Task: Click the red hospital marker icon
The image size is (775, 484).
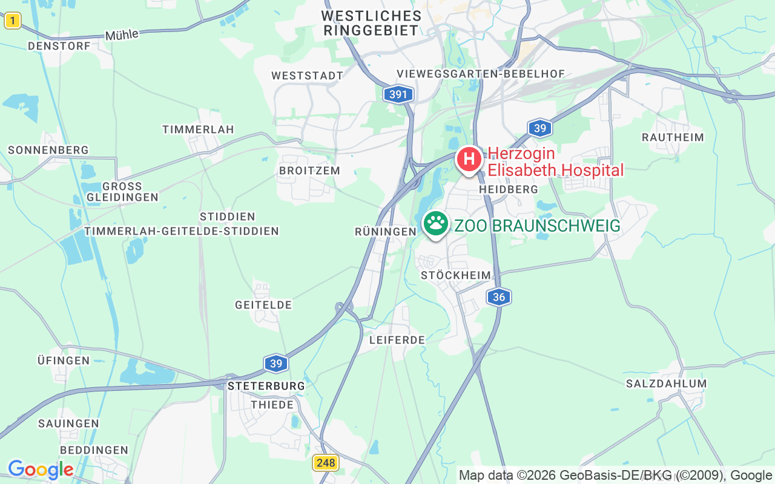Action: [x=469, y=160]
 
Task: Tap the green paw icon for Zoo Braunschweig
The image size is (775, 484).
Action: [x=435, y=224]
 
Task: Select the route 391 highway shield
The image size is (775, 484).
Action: [x=398, y=94]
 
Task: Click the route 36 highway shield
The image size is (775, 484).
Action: [x=499, y=296]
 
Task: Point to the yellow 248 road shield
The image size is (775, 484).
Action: [x=325, y=463]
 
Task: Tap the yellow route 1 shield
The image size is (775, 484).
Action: [x=12, y=21]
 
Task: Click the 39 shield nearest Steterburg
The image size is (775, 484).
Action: [x=276, y=363]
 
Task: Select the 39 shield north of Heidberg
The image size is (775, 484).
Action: [x=539, y=128]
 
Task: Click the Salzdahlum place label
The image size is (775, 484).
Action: [x=666, y=384]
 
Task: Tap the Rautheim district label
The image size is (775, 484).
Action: [x=673, y=137]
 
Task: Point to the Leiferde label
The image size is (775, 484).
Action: [x=397, y=340]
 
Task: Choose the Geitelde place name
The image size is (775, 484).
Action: [x=263, y=305]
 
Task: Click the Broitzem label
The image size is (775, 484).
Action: [x=309, y=171]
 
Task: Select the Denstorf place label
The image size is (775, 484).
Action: [x=59, y=46]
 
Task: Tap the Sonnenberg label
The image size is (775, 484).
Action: [x=48, y=150]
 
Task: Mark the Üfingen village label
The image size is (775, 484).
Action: [x=64, y=361]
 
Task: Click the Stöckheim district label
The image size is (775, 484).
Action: [x=456, y=276]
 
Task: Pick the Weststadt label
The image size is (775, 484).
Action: [x=308, y=76]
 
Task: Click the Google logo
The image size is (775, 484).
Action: [x=41, y=469]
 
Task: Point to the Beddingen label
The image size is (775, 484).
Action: [x=94, y=450]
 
